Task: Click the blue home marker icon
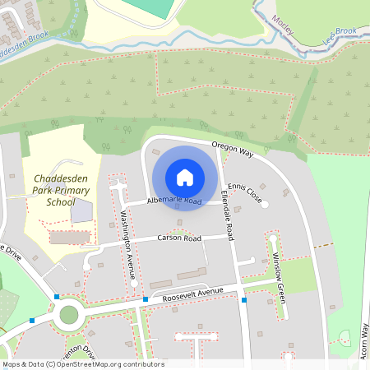pyautogui.click(x=185, y=178)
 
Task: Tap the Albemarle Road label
pyautogui.click(x=174, y=201)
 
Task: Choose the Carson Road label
pyautogui.click(x=179, y=238)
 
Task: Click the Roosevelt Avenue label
pyautogui.click(x=192, y=294)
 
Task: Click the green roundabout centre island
pyautogui.click(x=68, y=313)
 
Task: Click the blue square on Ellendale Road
pyautogui.click(x=244, y=300)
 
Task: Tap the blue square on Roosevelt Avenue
pyautogui.click(x=146, y=300)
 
